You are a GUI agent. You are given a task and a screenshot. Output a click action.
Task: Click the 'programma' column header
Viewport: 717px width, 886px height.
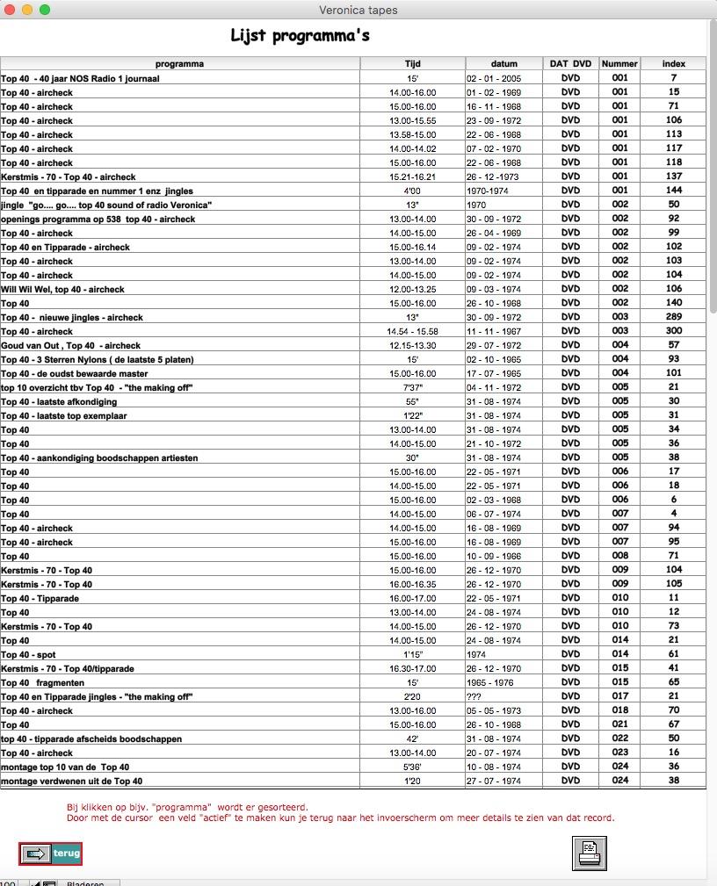tap(179, 63)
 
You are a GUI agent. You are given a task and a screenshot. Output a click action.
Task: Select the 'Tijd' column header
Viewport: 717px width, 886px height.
tap(412, 63)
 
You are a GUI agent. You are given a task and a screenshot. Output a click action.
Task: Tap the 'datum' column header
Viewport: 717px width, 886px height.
tap(503, 63)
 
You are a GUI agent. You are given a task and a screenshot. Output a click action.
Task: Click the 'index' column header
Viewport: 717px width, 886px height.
tap(673, 63)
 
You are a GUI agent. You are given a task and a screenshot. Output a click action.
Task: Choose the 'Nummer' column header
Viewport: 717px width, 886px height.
tap(619, 63)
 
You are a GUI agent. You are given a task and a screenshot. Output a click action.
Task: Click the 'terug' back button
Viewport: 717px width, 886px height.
tap(51, 854)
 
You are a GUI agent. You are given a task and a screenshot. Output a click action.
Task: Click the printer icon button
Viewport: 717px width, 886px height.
tap(590, 853)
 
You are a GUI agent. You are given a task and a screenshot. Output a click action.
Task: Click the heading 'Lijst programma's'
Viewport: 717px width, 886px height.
tap(300, 36)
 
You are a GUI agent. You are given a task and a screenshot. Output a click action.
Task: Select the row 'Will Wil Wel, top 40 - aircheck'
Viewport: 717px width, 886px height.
tap(62, 289)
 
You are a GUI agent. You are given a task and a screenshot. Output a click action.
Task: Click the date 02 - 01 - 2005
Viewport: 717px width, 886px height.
tap(493, 78)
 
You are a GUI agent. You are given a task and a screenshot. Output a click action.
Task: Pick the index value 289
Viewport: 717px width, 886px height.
tap(673, 317)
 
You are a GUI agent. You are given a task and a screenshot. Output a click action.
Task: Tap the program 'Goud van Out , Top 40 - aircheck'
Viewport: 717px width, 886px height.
tap(70, 345)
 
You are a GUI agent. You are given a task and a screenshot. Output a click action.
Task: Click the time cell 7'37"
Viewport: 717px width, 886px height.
tap(412, 387)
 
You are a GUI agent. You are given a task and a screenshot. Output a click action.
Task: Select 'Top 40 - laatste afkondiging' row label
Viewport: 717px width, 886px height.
tap(58, 401)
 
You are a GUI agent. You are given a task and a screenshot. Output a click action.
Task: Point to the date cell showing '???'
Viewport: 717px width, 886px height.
tap(474, 696)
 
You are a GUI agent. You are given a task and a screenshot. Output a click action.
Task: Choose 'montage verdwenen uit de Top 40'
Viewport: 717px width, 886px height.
tap(71, 781)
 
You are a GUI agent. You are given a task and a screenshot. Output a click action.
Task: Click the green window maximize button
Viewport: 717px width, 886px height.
tap(45, 10)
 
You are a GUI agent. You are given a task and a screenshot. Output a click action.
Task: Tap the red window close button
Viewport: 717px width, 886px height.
tap(10, 10)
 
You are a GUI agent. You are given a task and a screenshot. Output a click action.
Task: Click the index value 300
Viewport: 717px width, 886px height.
tap(673, 331)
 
